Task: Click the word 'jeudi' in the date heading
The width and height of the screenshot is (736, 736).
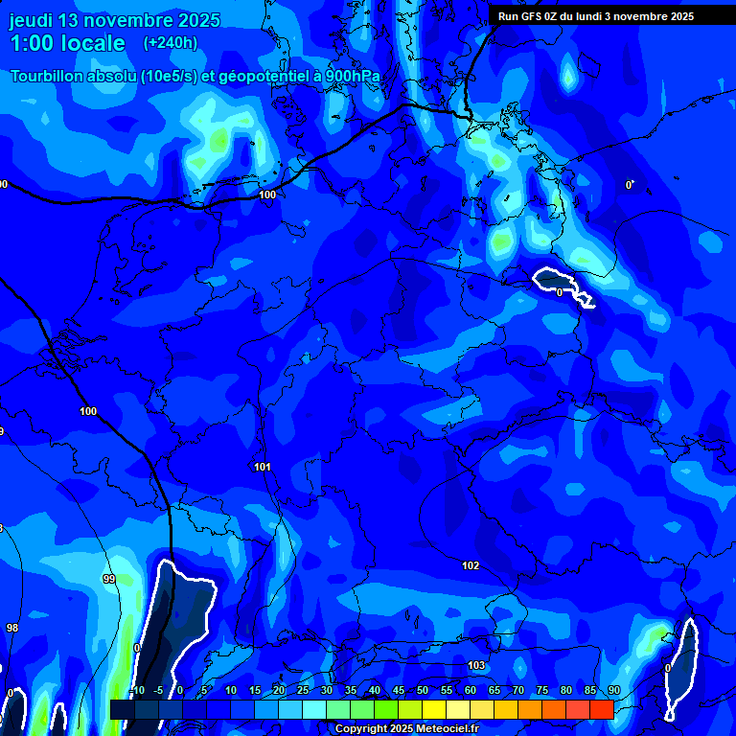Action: [x=32, y=20]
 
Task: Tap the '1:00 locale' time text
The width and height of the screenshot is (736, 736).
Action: [x=67, y=43]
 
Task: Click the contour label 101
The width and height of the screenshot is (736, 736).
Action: [x=263, y=468]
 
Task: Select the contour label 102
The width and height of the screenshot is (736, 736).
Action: [x=471, y=566]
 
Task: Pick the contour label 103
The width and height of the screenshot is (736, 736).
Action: [x=476, y=665]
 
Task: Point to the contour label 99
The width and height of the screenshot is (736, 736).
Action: [x=108, y=580]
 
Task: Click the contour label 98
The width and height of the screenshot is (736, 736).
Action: [x=12, y=628]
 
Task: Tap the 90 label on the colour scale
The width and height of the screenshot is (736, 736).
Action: [x=613, y=691]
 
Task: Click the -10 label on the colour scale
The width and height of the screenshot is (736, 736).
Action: [x=136, y=691]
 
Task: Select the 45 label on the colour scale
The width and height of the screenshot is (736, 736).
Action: [x=399, y=691]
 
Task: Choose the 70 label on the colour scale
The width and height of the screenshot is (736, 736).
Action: [x=518, y=691]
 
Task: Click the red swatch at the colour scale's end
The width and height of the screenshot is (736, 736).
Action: [x=601, y=709]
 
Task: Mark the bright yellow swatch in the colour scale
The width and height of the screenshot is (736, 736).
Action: [x=433, y=709]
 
